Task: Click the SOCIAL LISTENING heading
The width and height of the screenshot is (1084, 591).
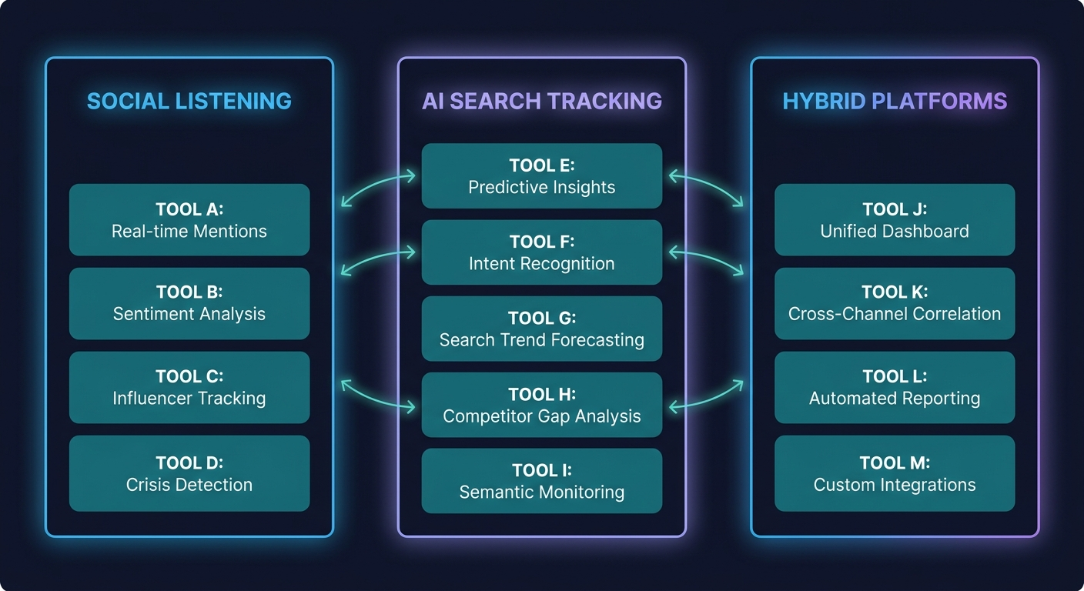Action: tap(189, 102)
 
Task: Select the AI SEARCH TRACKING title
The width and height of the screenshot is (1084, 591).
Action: tap(541, 102)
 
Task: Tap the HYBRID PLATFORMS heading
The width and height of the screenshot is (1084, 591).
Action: tap(895, 102)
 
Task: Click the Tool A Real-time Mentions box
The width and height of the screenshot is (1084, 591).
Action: tap(189, 220)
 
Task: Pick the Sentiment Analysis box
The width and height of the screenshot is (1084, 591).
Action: tap(189, 303)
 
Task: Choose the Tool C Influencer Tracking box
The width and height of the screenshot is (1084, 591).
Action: tap(189, 387)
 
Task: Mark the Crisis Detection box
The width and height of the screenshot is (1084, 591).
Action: tap(189, 473)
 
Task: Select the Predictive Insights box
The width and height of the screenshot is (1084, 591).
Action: tap(541, 176)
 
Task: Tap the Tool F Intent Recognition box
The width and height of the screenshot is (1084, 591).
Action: tap(541, 252)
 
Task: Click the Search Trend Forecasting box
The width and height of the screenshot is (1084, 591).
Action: tap(541, 329)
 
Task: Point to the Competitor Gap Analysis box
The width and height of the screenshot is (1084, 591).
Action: tap(541, 405)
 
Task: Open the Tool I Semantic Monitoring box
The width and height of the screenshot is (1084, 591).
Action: tap(541, 481)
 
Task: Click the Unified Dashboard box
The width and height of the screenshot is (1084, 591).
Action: tap(895, 220)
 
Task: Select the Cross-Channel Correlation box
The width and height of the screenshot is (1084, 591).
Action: tap(895, 303)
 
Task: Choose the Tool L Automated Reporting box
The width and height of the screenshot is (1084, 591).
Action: tap(895, 387)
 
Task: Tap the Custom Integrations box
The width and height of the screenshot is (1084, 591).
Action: tap(895, 473)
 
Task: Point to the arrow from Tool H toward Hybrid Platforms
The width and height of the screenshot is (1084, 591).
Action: tap(706, 395)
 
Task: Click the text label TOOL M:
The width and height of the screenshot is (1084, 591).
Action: tap(895, 462)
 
